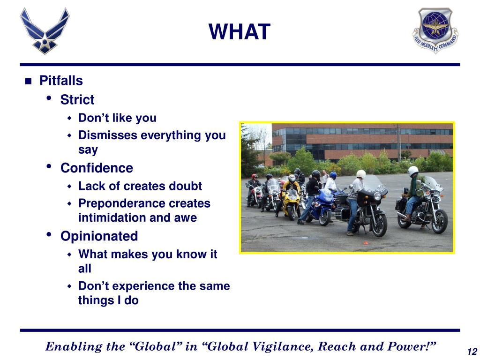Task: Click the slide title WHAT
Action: point(240,31)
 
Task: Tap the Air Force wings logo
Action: point(45,31)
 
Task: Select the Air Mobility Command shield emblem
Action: point(435,30)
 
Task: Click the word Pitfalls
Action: point(61,81)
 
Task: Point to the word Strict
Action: point(77,99)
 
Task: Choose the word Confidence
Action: point(97,168)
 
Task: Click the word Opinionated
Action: point(99,236)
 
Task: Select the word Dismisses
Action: point(108,135)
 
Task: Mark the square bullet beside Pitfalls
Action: point(28,81)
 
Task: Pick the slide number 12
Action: point(472,351)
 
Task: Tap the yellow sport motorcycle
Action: point(291,203)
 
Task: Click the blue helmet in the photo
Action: point(333,175)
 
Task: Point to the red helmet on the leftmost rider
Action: point(255,176)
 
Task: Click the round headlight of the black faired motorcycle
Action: point(377,196)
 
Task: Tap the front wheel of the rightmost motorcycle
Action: point(440,221)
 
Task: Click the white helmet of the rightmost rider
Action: point(413,171)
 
